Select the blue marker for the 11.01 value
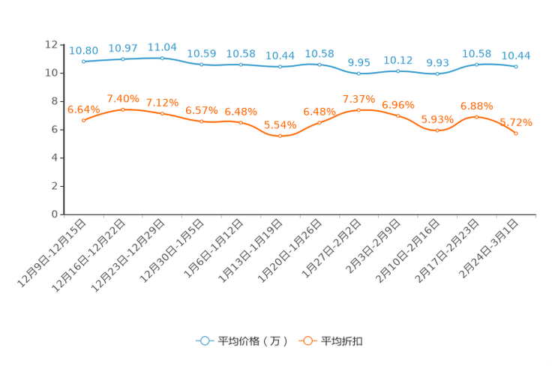point(162,58)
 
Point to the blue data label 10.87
point(123,48)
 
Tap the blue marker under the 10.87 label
point(123,59)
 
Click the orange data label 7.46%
point(123,98)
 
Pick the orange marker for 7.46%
point(123,110)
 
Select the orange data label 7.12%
point(162,102)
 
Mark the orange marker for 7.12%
point(162,114)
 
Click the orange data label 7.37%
point(358,99)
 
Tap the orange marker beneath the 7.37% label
point(358,110)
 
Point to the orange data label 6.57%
point(201,110)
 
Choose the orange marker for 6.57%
point(201,121)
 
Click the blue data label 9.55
point(358,62)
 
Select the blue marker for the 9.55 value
point(358,73)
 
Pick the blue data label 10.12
point(397,58)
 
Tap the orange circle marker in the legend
point(307,340)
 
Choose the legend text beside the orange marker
point(343,341)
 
